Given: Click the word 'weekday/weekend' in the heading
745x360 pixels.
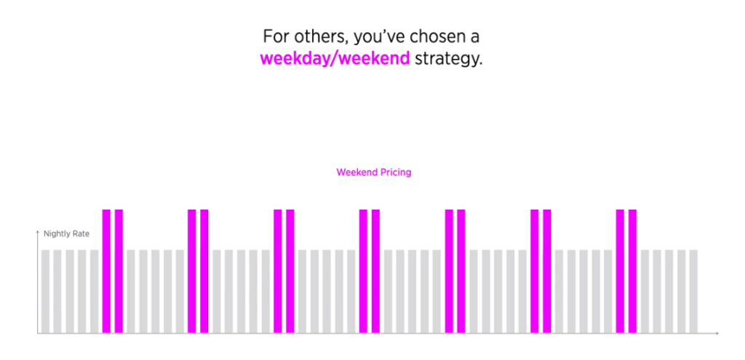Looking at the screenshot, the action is point(335,59).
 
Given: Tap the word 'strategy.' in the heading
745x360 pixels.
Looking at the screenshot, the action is point(448,60).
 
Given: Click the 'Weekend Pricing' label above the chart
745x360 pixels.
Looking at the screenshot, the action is point(374,172).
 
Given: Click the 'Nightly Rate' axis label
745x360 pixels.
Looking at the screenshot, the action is point(66,233).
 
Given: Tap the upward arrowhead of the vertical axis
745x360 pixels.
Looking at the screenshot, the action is point(38,232).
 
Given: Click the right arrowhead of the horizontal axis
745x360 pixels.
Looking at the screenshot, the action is point(717,333).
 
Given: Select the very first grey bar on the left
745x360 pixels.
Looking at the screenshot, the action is point(46,291).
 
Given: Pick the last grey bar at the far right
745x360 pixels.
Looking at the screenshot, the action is point(693,291).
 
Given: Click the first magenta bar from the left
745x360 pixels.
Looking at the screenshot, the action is point(106,271).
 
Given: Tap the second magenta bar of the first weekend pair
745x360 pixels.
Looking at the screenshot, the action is point(119,271).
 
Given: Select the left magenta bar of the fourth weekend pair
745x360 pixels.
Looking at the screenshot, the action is point(364,271).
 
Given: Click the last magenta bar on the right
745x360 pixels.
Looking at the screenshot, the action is point(632,271).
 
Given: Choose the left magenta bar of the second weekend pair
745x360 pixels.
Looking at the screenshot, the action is point(192,271).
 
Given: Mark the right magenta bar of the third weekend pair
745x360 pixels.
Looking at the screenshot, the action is point(290,271).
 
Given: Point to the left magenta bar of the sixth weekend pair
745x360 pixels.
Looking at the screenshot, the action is point(535,271).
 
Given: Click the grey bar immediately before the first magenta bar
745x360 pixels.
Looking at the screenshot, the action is point(95,291).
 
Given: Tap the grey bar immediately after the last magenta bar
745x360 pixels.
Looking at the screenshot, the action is point(645,291).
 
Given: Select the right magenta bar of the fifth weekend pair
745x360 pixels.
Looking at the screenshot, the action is point(461,271).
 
